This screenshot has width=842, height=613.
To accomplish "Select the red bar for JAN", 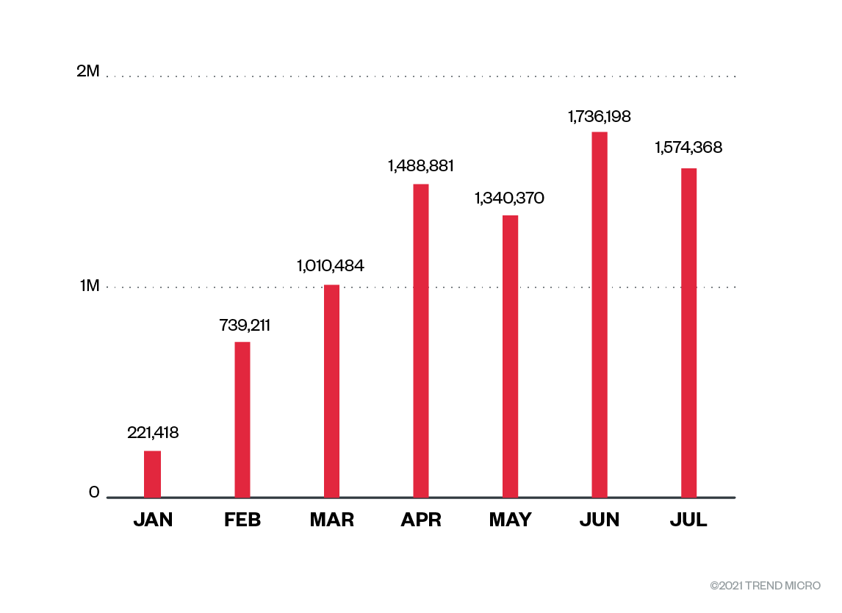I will point(152,474).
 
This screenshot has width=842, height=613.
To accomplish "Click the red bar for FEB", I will point(242,420).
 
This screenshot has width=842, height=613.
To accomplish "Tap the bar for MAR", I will point(331,391).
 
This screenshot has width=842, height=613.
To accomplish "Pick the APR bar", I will point(421,341).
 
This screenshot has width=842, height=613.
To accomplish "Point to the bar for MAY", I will point(510,356).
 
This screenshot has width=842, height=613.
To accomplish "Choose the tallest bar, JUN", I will point(600,315).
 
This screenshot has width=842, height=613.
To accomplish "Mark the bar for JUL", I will point(688,333).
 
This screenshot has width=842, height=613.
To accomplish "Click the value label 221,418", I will point(153,433).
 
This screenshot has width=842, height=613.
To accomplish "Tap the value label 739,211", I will point(245,325).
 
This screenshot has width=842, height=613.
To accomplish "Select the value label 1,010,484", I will point(331,266).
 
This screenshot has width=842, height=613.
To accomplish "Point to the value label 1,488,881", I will point(421,166).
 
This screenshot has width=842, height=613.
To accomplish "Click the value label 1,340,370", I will point(509,198).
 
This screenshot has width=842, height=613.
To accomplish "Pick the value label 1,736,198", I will point(599,116).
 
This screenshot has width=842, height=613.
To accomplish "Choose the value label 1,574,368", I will point(688,148).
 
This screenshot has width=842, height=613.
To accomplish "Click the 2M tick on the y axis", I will point(87,72).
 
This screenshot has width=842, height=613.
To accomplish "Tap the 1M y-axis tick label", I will point(89,285).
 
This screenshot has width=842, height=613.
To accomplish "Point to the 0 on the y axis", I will point(94,492).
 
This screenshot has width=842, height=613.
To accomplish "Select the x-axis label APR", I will point(421,520).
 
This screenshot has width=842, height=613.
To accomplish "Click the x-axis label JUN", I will point(600,520).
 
